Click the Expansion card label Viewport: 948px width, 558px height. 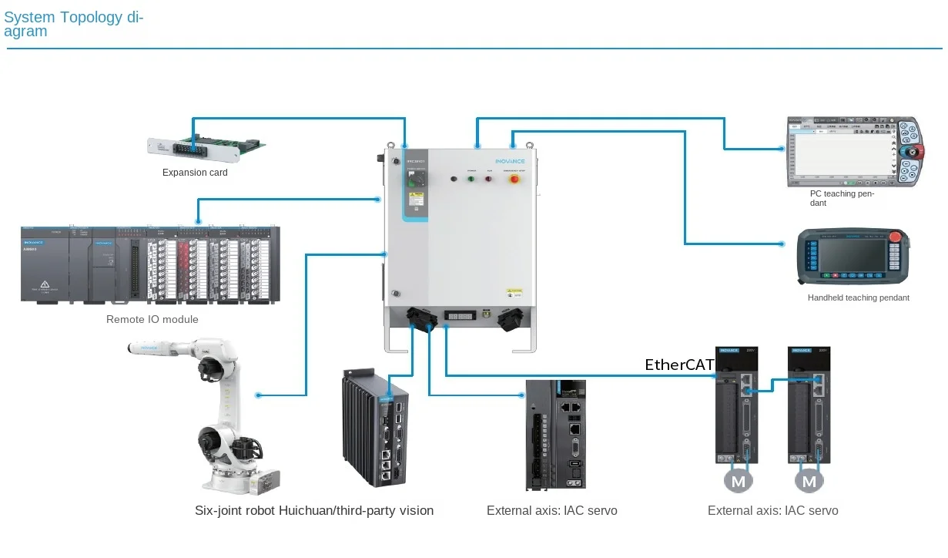pyautogui.click(x=195, y=173)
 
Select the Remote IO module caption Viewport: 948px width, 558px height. pyautogui.click(x=152, y=319)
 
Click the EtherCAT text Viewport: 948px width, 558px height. pyautogui.click(x=680, y=365)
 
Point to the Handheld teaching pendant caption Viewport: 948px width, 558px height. pyautogui.click(x=858, y=297)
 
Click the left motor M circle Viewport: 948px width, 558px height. pyautogui.click(x=739, y=482)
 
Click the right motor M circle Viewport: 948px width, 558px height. pyautogui.click(x=809, y=482)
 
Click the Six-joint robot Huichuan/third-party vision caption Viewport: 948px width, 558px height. pyautogui.click(x=314, y=510)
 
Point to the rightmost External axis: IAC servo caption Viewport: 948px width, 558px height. pyautogui.click(x=772, y=510)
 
